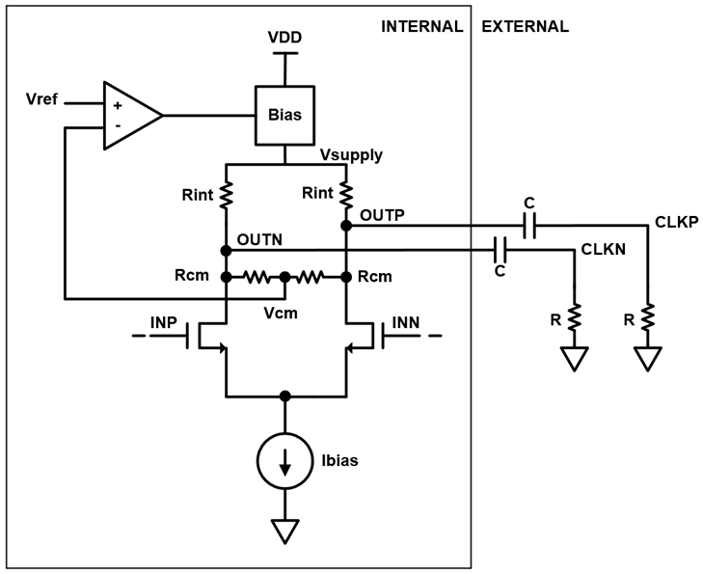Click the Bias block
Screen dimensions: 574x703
tap(284, 115)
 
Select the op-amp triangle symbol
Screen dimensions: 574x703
tap(130, 115)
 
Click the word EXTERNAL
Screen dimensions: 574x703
tap(526, 26)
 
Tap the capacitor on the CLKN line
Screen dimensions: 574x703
tap(500, 251)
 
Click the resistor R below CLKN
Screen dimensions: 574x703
tap(575, 316)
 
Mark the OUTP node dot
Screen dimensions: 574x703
tap(345, 227)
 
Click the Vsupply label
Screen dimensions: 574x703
tap(350, 154)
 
